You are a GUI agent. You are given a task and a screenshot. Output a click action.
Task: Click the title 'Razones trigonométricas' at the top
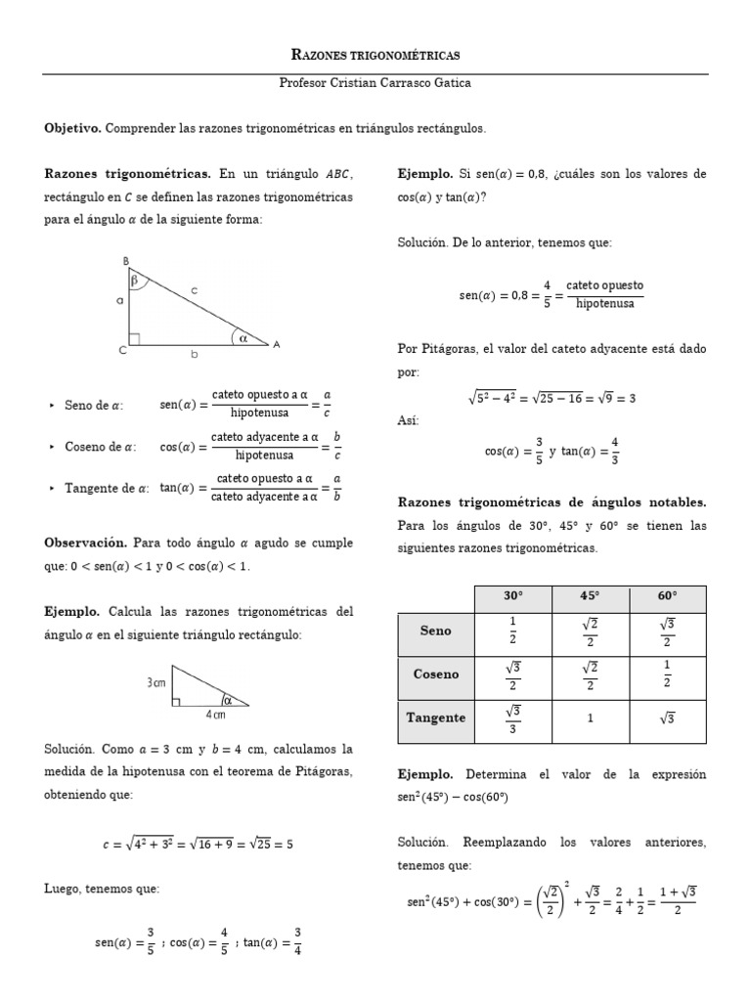click(x=376, y=55)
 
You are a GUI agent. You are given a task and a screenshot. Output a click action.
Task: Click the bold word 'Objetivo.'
click(x=72, y=128)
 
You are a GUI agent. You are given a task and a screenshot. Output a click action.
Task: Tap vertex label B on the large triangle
click(x=125, y=260)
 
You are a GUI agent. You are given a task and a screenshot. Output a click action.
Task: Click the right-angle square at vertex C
click(x=134, y=339)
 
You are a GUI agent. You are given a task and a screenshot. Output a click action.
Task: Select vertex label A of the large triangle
click(x=277, y=344)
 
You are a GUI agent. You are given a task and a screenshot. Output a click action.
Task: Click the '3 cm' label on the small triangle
click(x=155, y=682)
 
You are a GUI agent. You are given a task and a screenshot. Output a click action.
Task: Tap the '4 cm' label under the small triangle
click(x=215, y=715)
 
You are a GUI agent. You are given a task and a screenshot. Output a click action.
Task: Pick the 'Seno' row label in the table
click(x=435, y=631)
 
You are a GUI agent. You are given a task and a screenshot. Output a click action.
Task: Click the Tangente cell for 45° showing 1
click(x=591, y=718)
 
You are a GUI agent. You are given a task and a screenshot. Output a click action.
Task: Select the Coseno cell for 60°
click(x=668, y=674)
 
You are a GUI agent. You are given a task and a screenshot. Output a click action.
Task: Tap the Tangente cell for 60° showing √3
click(x=668, y=718)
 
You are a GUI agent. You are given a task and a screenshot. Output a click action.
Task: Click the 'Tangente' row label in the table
click(x=435, y=718)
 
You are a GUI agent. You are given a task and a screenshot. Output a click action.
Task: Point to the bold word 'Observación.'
click(x=86, y=542)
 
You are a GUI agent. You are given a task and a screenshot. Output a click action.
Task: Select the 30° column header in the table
click(x=513, y=596)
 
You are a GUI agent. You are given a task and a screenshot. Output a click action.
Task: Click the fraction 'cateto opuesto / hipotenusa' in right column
click(x=604, y=294)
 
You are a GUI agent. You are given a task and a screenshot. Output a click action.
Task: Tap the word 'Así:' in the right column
click(x=408, y=419)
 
